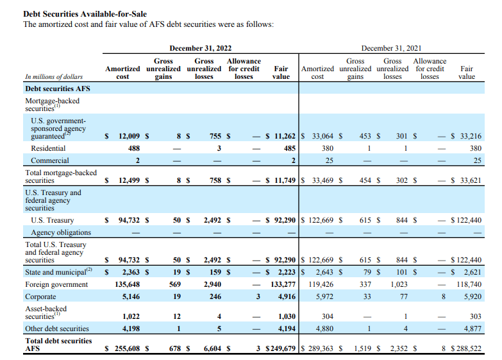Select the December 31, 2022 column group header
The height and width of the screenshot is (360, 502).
tap(200, 48)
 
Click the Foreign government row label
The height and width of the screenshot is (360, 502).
tap(56, 284)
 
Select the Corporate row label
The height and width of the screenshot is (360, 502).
tap(40, 296)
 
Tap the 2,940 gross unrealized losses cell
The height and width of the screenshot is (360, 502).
tap(212, 284)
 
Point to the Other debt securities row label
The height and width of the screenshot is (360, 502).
tap(57, 329)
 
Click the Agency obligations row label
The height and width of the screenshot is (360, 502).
tap(61, 233)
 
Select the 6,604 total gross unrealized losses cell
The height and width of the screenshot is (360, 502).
tap(212, 348)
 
